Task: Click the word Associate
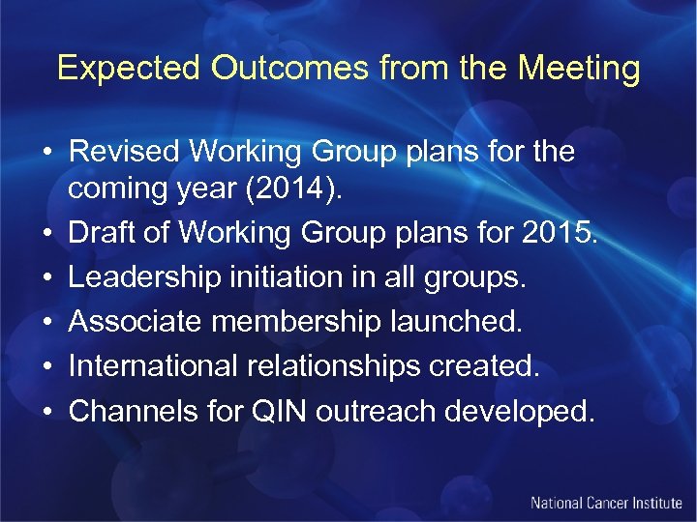click(x=136, y=322)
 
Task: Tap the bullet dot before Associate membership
click(x=45, y=323)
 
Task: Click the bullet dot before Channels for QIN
click(x=45, y=412)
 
